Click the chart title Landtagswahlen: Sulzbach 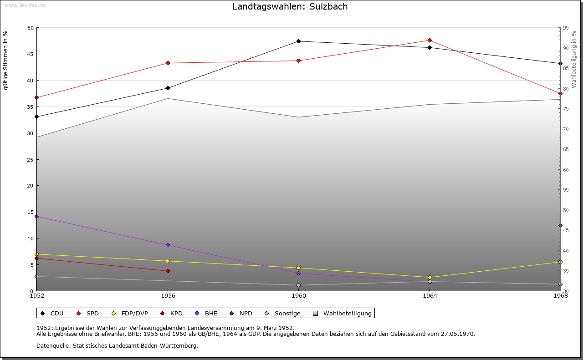[x=290, y=6]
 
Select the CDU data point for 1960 [x=299, y=41]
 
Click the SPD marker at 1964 [x=430, y=41]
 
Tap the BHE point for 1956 [x=168, y=245]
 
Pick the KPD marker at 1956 [x=168, y=271]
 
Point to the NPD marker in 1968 [x=560, y=226]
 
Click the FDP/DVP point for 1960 [x=299, y=268]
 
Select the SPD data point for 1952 [x=36, y=98]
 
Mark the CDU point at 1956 [x=168, y=88]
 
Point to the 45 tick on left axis [x=31, y=54]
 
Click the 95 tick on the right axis [x=565, y=28]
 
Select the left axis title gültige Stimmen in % [x=6, y=60]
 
